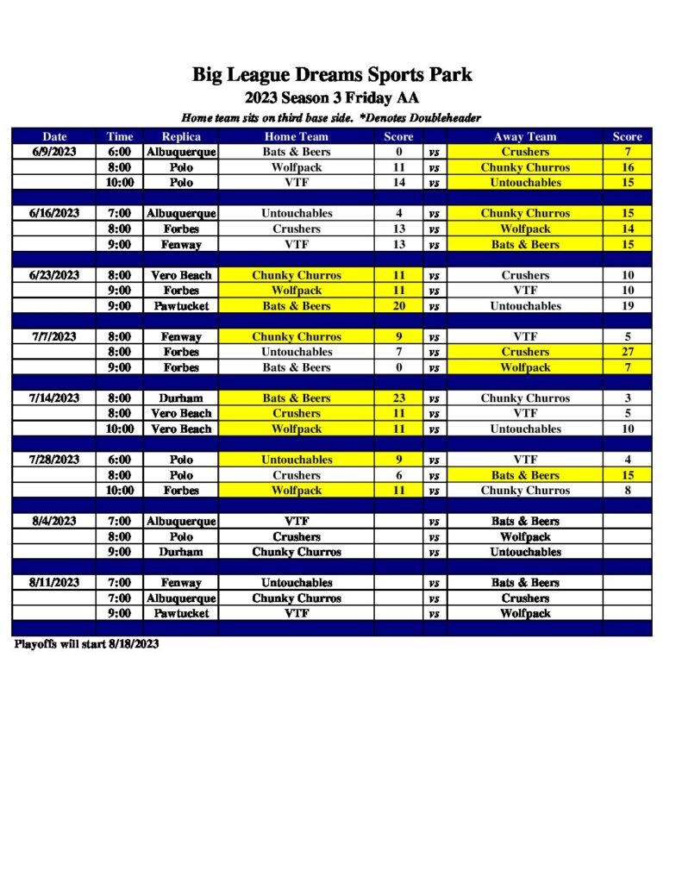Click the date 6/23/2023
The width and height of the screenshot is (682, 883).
point(54,275)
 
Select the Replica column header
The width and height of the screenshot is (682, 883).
point(181,136)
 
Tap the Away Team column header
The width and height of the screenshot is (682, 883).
point(525,136)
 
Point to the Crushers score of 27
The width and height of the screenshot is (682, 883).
point(627,352)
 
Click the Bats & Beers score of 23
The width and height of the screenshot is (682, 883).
point(398,398)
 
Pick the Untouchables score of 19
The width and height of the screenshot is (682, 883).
point(627,306)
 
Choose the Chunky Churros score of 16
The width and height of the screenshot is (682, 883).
point(627,167)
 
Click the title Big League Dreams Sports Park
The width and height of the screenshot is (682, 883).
point(332,74)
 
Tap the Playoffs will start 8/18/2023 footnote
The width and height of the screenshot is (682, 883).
point(86,644)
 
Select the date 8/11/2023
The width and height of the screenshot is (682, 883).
point(54,583)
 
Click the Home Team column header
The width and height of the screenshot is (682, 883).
point(297,136)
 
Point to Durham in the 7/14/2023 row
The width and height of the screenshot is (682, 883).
point(181,398)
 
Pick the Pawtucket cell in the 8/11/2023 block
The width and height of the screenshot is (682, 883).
point(181,614)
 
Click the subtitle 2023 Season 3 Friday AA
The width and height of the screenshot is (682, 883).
point(332,97)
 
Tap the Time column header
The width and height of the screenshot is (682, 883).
point(120,136)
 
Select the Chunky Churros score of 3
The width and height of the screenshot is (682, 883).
point(627,398)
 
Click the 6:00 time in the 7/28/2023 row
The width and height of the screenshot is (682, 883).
point(120,460)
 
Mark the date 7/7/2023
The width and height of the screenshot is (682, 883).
point(54,337)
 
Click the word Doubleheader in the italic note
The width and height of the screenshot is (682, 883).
point(443,118)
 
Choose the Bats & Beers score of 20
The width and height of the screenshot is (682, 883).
point(398,306)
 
